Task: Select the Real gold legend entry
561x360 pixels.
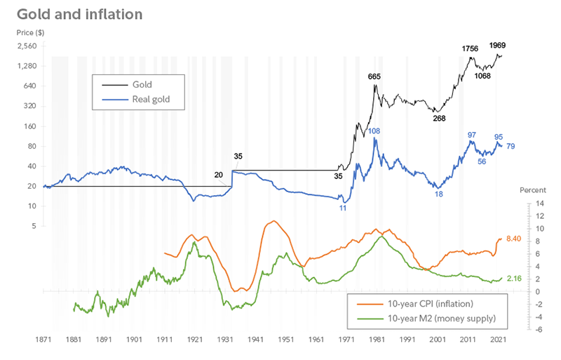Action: click(x=151, y=100)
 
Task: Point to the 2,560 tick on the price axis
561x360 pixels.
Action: click(x=26, y=46)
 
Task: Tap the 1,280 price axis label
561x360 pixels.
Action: click(x=26, y=66)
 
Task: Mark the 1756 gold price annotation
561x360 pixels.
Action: click(x=470, y=48)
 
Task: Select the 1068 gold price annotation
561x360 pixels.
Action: click(x=482, y=76)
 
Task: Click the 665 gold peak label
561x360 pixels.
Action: click(x=375, y=76)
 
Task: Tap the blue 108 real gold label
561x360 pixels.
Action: click(x=374, y=131)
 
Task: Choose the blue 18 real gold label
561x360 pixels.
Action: click(x=438, y=194)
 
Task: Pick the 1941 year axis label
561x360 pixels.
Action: click(x=257, y=339)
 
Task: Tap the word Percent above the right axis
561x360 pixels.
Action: click(x=532, y=190)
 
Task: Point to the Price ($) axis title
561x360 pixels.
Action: click(x=30, y=33)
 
